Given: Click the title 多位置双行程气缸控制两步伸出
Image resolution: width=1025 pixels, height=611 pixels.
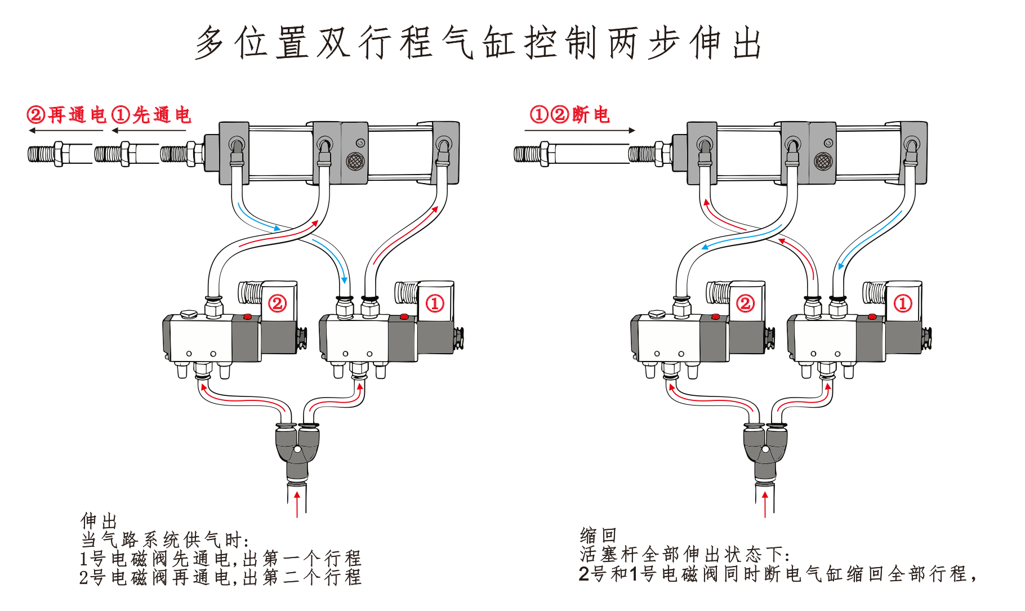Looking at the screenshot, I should (x=479, y=43).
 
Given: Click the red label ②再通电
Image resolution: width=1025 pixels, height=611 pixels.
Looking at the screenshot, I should (x=66, y=115).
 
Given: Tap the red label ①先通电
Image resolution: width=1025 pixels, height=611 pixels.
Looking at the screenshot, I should (x=151, y=115).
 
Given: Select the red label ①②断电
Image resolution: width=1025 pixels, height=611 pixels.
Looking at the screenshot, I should (x=570, y=114).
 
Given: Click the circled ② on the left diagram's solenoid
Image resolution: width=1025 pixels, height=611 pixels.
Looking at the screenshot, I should (x=277, y=304).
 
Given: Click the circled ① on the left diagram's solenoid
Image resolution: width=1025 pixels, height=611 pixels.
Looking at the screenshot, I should (x=434, y=304).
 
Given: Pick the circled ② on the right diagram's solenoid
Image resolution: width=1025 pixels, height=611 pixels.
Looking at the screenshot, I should (x=745, y=304).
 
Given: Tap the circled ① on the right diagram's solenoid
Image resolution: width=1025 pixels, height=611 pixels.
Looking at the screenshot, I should (x=903, y=304).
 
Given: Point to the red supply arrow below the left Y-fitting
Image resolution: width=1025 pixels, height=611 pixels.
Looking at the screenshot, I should (x=297, y=503).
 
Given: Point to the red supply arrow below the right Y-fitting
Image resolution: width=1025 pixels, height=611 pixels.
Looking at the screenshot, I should (x=765, y=503).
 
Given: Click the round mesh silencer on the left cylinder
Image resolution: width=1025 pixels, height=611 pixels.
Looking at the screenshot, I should (x=355, y=162).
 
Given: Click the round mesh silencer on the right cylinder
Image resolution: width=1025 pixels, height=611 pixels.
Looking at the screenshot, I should (x=823, y=162).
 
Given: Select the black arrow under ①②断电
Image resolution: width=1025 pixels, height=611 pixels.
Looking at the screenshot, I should (x=580, y=131).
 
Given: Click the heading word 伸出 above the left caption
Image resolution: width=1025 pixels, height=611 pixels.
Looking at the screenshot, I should (x=99, y=520).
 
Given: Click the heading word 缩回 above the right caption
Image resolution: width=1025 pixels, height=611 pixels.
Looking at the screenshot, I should (x=598, y=535).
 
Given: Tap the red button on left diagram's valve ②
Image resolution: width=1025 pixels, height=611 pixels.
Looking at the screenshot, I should (x=247, y=318).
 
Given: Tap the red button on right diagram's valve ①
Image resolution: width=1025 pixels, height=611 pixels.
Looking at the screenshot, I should (x=872, y=317).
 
